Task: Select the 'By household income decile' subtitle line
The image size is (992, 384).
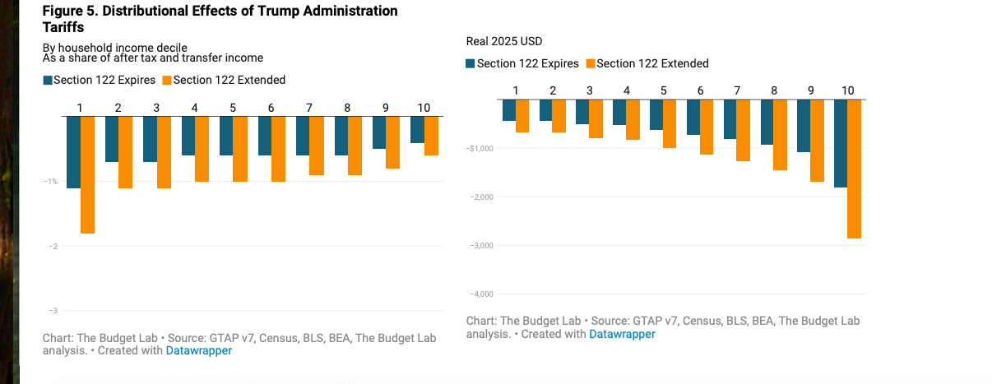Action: click(115, 48)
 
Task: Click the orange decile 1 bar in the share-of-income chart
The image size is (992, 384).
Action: click(87, 174)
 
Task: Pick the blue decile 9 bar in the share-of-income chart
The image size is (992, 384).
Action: click(379, 132)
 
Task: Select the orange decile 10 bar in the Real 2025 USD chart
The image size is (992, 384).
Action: click(854, 169)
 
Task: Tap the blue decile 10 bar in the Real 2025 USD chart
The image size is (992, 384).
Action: click(841, 143)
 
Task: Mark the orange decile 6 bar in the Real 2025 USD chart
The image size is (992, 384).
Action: click(707, 127)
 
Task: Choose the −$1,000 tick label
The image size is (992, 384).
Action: click(480, 148)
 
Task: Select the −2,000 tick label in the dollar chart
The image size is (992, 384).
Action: click(480, 197)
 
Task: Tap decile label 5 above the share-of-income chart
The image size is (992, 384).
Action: click(233, 108)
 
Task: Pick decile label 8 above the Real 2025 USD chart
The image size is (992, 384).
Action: click(774, 90)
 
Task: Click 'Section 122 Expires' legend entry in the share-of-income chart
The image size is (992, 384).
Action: click(99, 80)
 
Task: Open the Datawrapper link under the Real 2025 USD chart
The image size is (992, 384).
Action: click(622, 334)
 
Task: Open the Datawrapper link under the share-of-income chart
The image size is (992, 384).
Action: click(199, 350)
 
